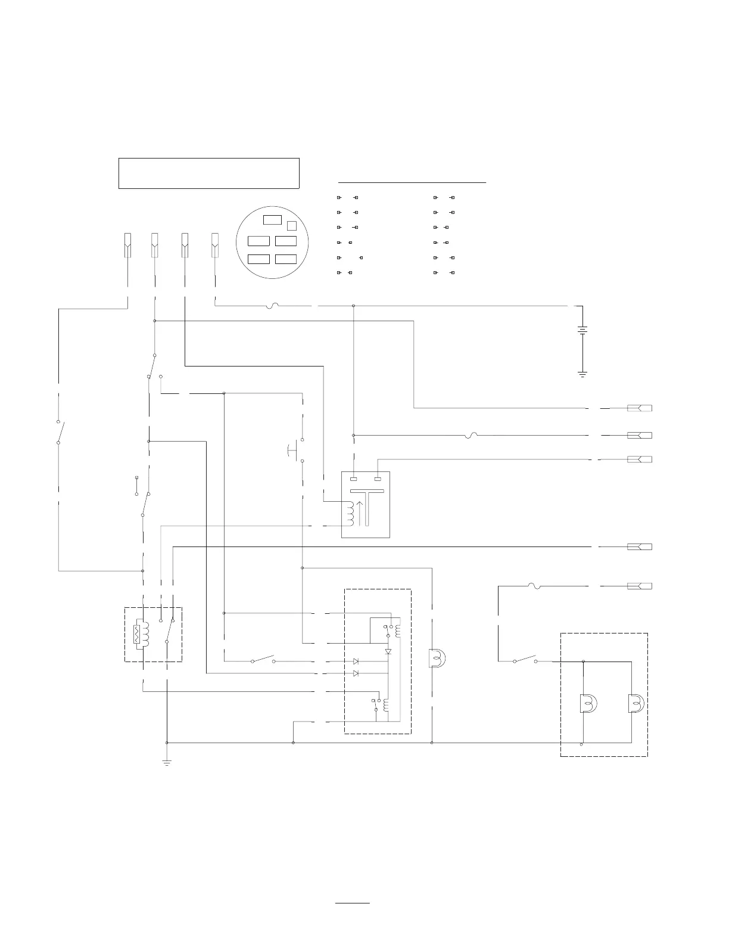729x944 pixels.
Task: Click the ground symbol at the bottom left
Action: (x=167, y=762)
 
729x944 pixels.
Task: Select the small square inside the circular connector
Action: (x=292, y=225)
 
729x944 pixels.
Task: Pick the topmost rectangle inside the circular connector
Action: (x=272, y=219)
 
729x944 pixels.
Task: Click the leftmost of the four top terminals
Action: (x=127, y=245)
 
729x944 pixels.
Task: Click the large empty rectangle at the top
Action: (x=208, y=173)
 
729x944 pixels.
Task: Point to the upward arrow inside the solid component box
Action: (x=358, y=513)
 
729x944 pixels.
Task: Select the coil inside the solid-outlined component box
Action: (x=350, y=513)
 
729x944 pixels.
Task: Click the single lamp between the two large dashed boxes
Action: (x=438, y=658)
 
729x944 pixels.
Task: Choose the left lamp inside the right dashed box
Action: (x=587, y=704)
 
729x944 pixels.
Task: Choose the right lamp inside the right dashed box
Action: (x=635, y=704)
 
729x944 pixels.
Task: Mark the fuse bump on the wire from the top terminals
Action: (x=275, y=306)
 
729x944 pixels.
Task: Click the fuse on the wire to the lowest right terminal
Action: (x=534, y=586)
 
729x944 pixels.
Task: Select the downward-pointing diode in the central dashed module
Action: (x=388, y=652)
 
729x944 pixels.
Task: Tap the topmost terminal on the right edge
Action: (x=640, y=408)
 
